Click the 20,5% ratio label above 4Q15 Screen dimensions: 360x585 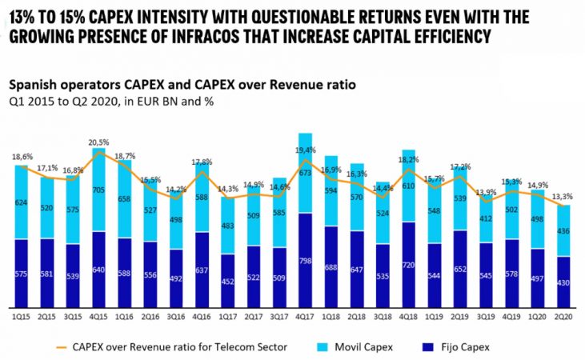[x=99, y=141]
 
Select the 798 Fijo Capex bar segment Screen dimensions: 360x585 [x=305, y=261]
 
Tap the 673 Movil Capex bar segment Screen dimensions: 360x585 [x=305, y=172]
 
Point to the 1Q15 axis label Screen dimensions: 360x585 [x=21, y=318]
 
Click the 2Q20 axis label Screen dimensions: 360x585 [x=564, y=318]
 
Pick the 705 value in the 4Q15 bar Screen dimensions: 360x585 [x=99, y=190]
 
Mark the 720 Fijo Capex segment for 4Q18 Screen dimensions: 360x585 [x=408, y=265]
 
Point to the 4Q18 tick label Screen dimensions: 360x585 [x=408, y=318]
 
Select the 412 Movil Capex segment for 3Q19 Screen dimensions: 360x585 [x=486, y=218]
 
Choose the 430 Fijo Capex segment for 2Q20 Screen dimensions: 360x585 [x=564, y=283]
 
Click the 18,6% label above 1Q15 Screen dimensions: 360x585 [x=22, y=158]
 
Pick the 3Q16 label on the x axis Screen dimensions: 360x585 [x=176, y=318]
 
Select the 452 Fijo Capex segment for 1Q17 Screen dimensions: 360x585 [x=228, y=281]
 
